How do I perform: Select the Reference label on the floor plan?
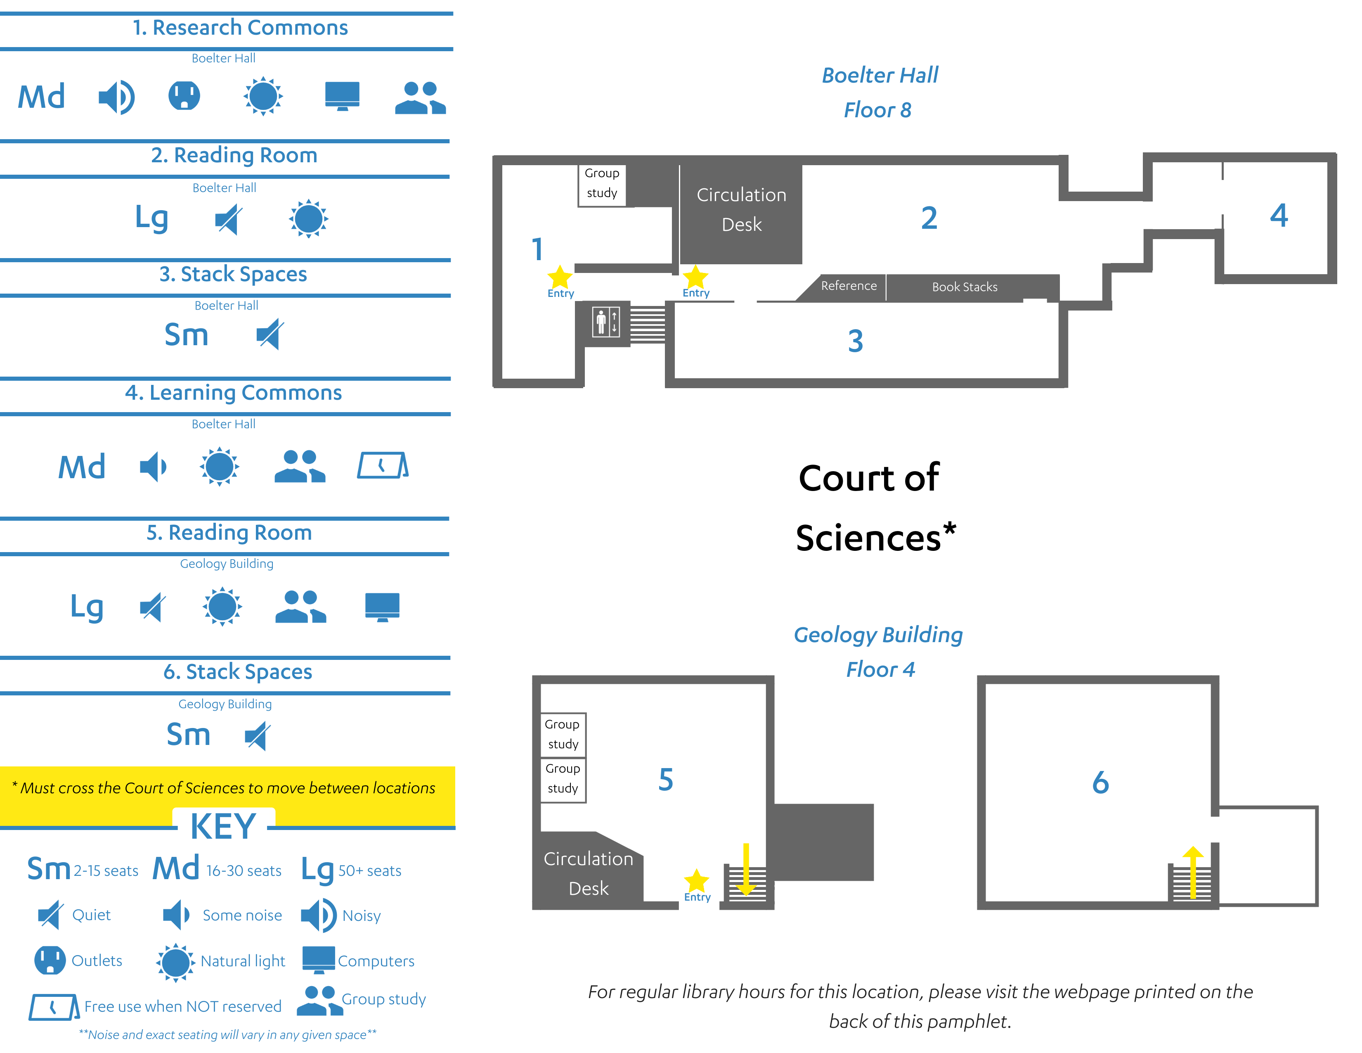(849, 286)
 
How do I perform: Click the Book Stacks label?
(965, 287)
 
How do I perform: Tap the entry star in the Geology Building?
(697, 880)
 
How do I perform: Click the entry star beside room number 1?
(560, 277)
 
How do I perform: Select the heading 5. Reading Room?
(229, 532)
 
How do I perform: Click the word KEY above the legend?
(223, 827)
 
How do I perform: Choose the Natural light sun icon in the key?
(176, 962)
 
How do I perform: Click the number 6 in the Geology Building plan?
(1101, 782)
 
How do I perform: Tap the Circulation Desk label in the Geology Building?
(588, 873)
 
